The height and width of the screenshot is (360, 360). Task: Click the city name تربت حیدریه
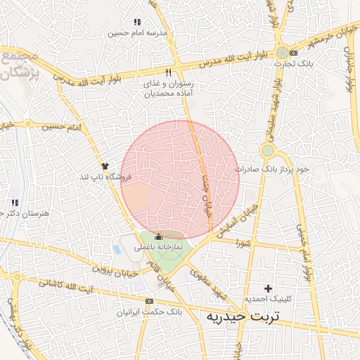243,316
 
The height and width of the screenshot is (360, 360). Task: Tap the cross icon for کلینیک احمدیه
267,288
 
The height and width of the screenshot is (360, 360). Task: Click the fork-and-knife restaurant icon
168,72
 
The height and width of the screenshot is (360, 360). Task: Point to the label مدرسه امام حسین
137,33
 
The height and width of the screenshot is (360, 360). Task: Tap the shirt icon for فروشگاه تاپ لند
105,165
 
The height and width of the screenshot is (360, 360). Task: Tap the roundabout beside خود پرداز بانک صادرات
267,150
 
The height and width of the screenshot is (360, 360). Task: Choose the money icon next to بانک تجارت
293,53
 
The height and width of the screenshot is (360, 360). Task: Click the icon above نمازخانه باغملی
158,236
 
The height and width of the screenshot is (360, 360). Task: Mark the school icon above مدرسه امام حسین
137,22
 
